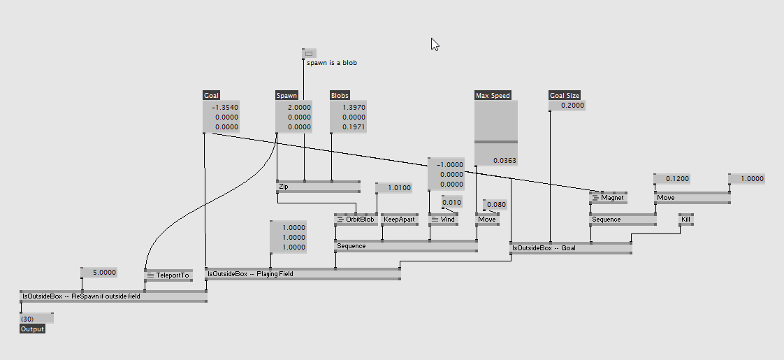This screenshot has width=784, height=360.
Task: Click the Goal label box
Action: click(x=212, y=96)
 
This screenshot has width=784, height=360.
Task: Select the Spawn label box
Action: click(x=286, y=96)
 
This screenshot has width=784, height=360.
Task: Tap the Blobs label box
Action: click(x=340, y=96)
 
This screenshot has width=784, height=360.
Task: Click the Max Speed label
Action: click(x=493, y=96)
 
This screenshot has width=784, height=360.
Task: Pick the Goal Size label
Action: click(x=565, y=96)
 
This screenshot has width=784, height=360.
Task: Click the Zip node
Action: click(x=318, y=187)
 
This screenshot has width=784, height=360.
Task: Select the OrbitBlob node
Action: click(x=356, y=219)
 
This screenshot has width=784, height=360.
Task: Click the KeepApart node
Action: click(x=400, y=219)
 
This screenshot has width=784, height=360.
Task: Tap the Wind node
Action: click(x=444, y=219)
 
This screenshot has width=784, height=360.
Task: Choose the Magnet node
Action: click(x=608, y=198)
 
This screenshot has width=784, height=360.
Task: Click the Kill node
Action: click(x=686, y=219)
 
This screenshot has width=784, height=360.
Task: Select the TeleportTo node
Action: click(x=168, y=275)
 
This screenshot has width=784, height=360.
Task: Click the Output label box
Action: click(x=33, y=329)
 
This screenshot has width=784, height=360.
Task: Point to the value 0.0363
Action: click(x=505, y=161)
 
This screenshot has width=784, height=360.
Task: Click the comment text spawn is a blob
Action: click(x=332, y=63)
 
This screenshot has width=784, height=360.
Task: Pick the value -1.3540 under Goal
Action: click(x=225, y=107)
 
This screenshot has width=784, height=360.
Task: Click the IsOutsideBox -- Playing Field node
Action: click(x=303, y=274)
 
